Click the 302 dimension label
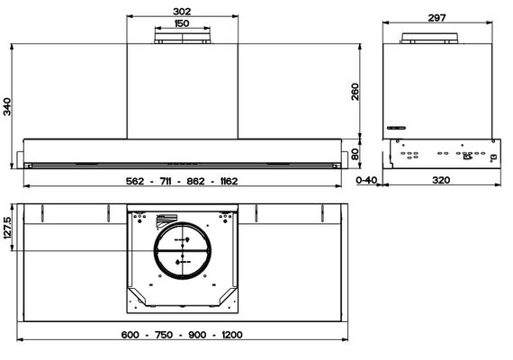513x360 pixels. coord(182,12)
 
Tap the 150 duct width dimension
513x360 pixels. coord(182,23)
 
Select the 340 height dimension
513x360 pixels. coord(7,106)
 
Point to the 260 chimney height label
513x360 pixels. coord(355,92)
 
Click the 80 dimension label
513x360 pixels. coord(355,154)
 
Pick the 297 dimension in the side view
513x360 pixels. coord(437,18)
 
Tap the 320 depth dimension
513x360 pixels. coord(441,180)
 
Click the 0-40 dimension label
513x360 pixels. coord(366,180)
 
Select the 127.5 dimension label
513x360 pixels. coord(7,228)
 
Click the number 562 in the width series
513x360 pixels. coord(135,181)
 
